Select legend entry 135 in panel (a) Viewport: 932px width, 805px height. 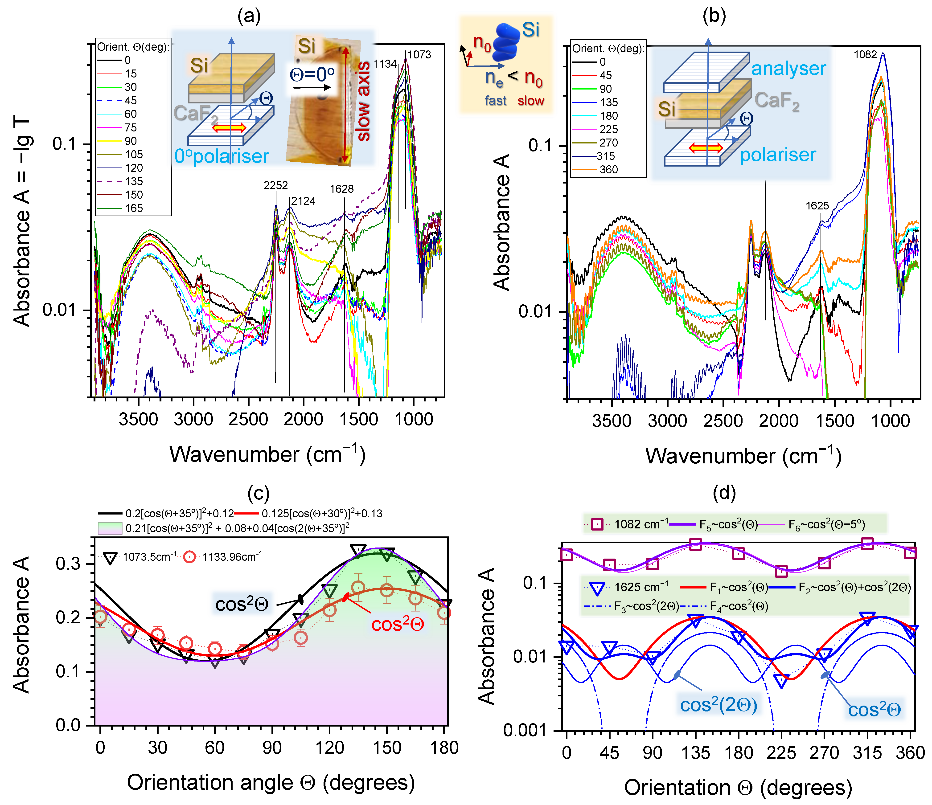click(x=134, y=181)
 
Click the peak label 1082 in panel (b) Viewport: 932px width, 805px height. click(x=865, y=54)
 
